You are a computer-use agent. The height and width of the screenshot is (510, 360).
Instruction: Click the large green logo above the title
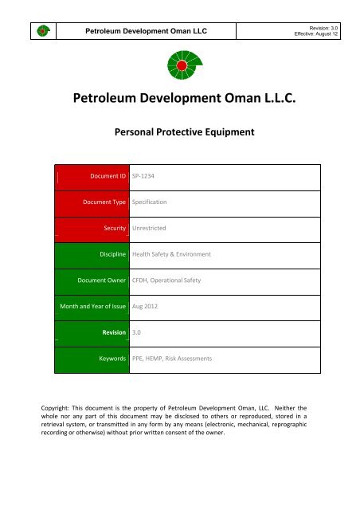coord(180,65)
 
